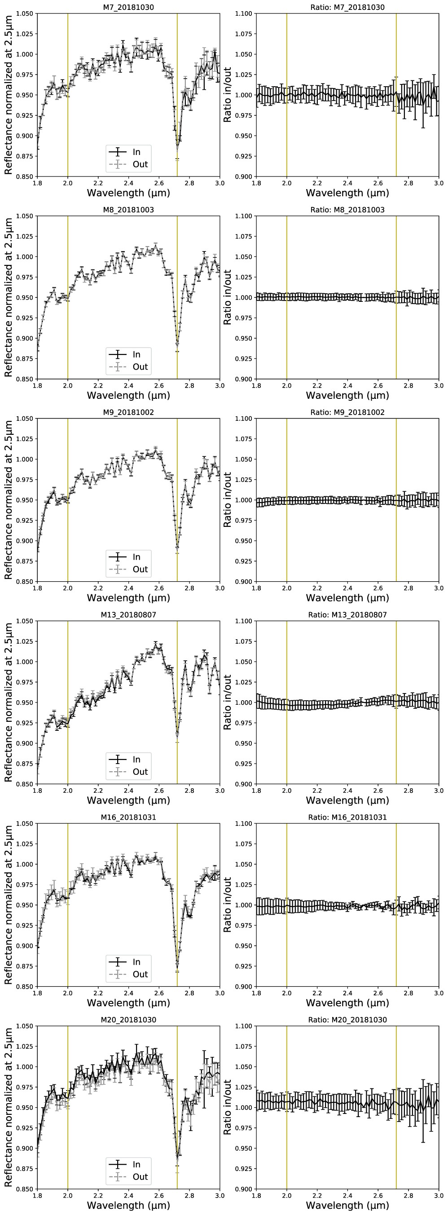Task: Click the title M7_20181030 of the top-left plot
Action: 128,7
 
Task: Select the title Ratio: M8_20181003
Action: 347,210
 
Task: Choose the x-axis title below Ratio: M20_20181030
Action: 347,1206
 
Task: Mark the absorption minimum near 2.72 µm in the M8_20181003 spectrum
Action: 177,344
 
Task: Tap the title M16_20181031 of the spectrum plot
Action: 128,817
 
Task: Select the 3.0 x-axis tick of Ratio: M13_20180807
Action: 438,791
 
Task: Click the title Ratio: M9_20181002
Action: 347,412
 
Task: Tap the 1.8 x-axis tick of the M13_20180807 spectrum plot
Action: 38,791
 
